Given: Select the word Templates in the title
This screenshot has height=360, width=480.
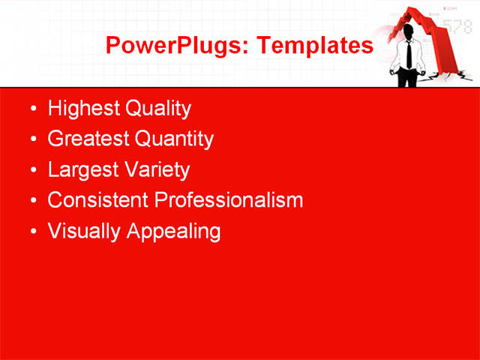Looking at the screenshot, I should pyautogui.click(x=315, y=46).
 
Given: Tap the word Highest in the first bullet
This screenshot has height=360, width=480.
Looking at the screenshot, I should pyautogui.click(x=83, y=109).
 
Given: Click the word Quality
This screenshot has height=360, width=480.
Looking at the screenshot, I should pyautogui.click(x=157, y=109).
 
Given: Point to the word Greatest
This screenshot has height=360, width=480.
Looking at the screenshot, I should pyautogui.click(x=88, y=139).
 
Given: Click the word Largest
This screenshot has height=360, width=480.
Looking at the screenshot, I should pyautogui.click(x=82, y=170).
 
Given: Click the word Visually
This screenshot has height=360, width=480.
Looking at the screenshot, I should pyautogui.click(x=84, y=232).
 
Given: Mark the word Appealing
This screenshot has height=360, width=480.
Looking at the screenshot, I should pyautogui.click(x=173, y=232).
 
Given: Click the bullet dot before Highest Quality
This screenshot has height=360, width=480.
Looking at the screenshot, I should pyautogui.click(x=32, y=110).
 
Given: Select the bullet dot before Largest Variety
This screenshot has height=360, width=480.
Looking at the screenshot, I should pyautogui.click(x=32, y=172).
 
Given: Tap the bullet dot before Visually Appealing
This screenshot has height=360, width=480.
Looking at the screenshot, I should pyautogui.click(x=32, y=233).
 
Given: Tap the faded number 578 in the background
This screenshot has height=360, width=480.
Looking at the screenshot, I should pyautogui.click(x=458, y=28).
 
